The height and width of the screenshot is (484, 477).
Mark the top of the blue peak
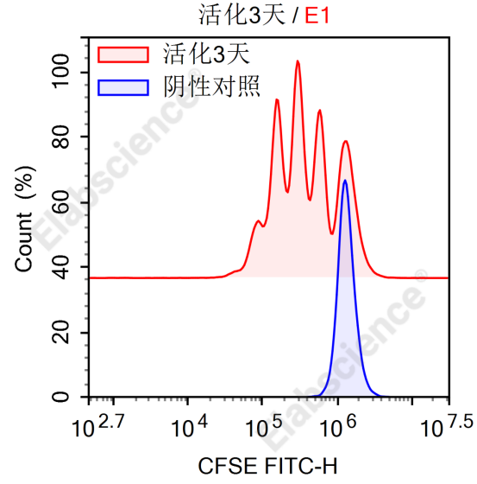345,181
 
